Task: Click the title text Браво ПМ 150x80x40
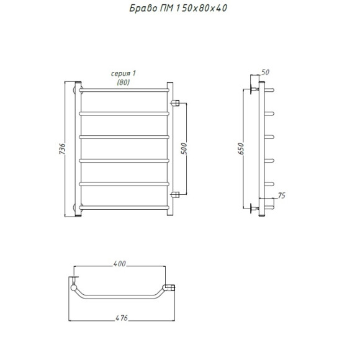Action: click(178, 9)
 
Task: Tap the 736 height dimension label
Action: click(62, 148)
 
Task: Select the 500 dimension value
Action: click(184, 148)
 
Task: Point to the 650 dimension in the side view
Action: click(241, 148)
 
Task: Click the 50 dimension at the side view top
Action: click(265, 73)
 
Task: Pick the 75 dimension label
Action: click(281, 196)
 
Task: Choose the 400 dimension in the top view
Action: click(120, 264)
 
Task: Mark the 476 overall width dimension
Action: click(122, 318)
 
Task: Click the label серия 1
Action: click(124, 73)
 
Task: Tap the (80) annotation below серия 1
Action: click(124, 82)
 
